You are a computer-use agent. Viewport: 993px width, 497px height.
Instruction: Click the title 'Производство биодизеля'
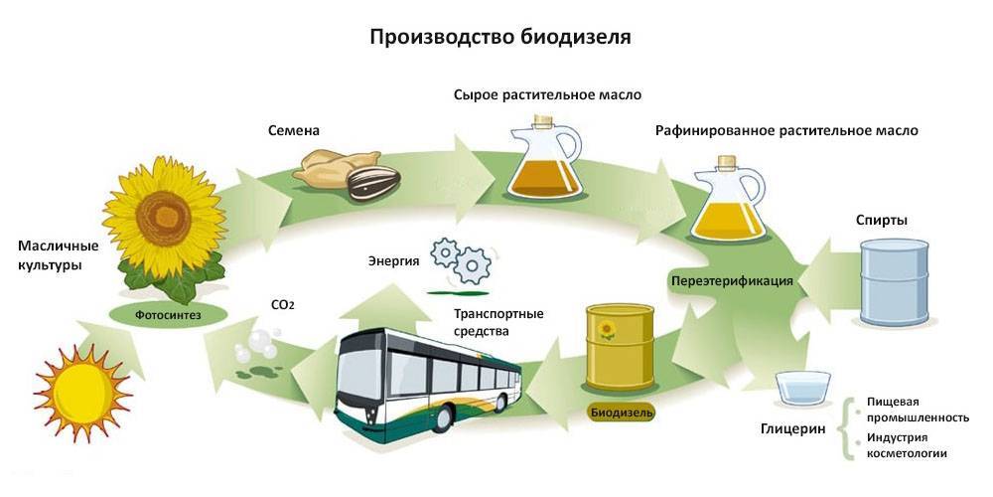(x=500, y=37)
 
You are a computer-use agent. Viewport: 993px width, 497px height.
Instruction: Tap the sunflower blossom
(x=157, y=218)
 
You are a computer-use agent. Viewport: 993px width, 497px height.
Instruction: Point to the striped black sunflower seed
(x=371, y=183)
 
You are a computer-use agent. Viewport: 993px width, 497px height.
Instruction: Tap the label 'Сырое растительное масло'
(x=547, y=95)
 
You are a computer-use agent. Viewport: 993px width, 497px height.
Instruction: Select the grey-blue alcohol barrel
(x=894, y=282)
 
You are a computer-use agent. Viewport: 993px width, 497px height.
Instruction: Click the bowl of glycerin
(x=805, y=388)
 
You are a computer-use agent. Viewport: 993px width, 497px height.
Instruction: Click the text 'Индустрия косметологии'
(x=905, y=445)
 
